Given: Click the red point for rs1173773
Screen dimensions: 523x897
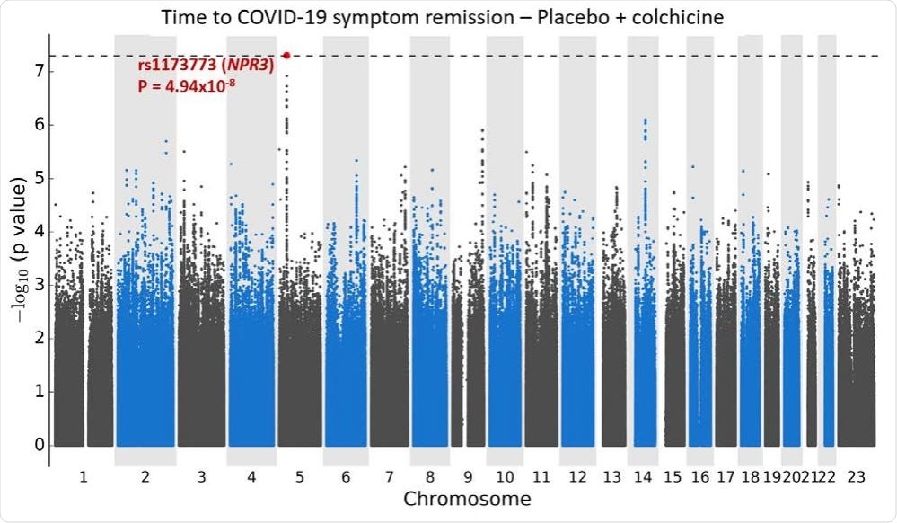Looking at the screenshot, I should (286, 55).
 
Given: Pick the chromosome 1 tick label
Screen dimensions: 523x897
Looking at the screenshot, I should (83, 476).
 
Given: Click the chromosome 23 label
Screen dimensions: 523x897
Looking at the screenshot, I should (857, 476).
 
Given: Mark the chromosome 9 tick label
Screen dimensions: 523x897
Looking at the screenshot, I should (468, 476).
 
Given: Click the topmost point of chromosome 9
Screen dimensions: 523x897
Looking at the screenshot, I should (483, 129).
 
